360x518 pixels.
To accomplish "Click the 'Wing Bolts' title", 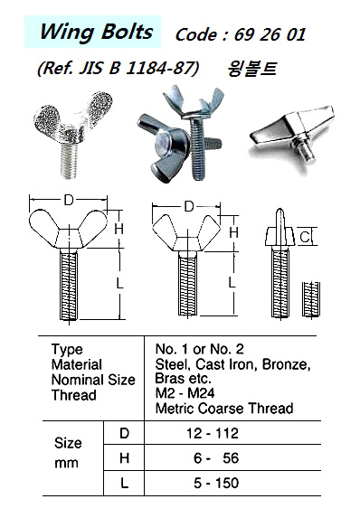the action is pyautogui.click(x=96, y=33).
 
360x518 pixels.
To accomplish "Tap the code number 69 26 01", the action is pyautogui.click(x=270, y=34).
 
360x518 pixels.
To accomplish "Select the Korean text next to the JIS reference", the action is pyautogui.click(x=251, y=70).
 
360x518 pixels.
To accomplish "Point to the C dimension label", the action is pyautogui.click(x=305, y=237).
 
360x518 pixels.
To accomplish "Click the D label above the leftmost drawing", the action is pyautogui.click(x=69, y=200).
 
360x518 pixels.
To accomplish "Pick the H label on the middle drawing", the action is pyautogui.click(x=233, y=232).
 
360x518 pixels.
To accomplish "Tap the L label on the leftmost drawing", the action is pyautogui.click(x=119, y=283).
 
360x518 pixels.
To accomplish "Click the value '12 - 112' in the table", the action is pyautogui.click(x=213, y=433).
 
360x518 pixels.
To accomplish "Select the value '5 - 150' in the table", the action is pyautogui.click(x=216, y=483).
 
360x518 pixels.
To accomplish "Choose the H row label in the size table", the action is pyautogui.click(x=124, y=458).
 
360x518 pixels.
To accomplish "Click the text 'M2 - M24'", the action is pyautogui.click(x=185, y=393).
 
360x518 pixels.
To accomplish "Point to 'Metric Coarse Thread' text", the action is pyautogui.click(x=224, y=409).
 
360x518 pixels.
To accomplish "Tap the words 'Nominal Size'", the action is pyautogui.click(x=93, y=380).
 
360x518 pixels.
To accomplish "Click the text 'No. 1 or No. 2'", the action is pyautogui.click(x=200, y=349).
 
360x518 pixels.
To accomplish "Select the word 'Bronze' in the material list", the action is pyautogui.click(x=286, y=364).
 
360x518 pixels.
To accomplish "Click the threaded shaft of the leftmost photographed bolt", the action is pyautogui.click(x=70, y=161).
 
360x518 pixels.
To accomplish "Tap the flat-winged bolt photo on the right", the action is pyautogui.click(x=292, y=135).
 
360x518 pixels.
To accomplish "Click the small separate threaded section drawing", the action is pyautogui.click(x=311, y=299).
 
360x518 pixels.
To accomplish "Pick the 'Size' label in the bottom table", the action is pyautogui.click(x=68, y=443).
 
